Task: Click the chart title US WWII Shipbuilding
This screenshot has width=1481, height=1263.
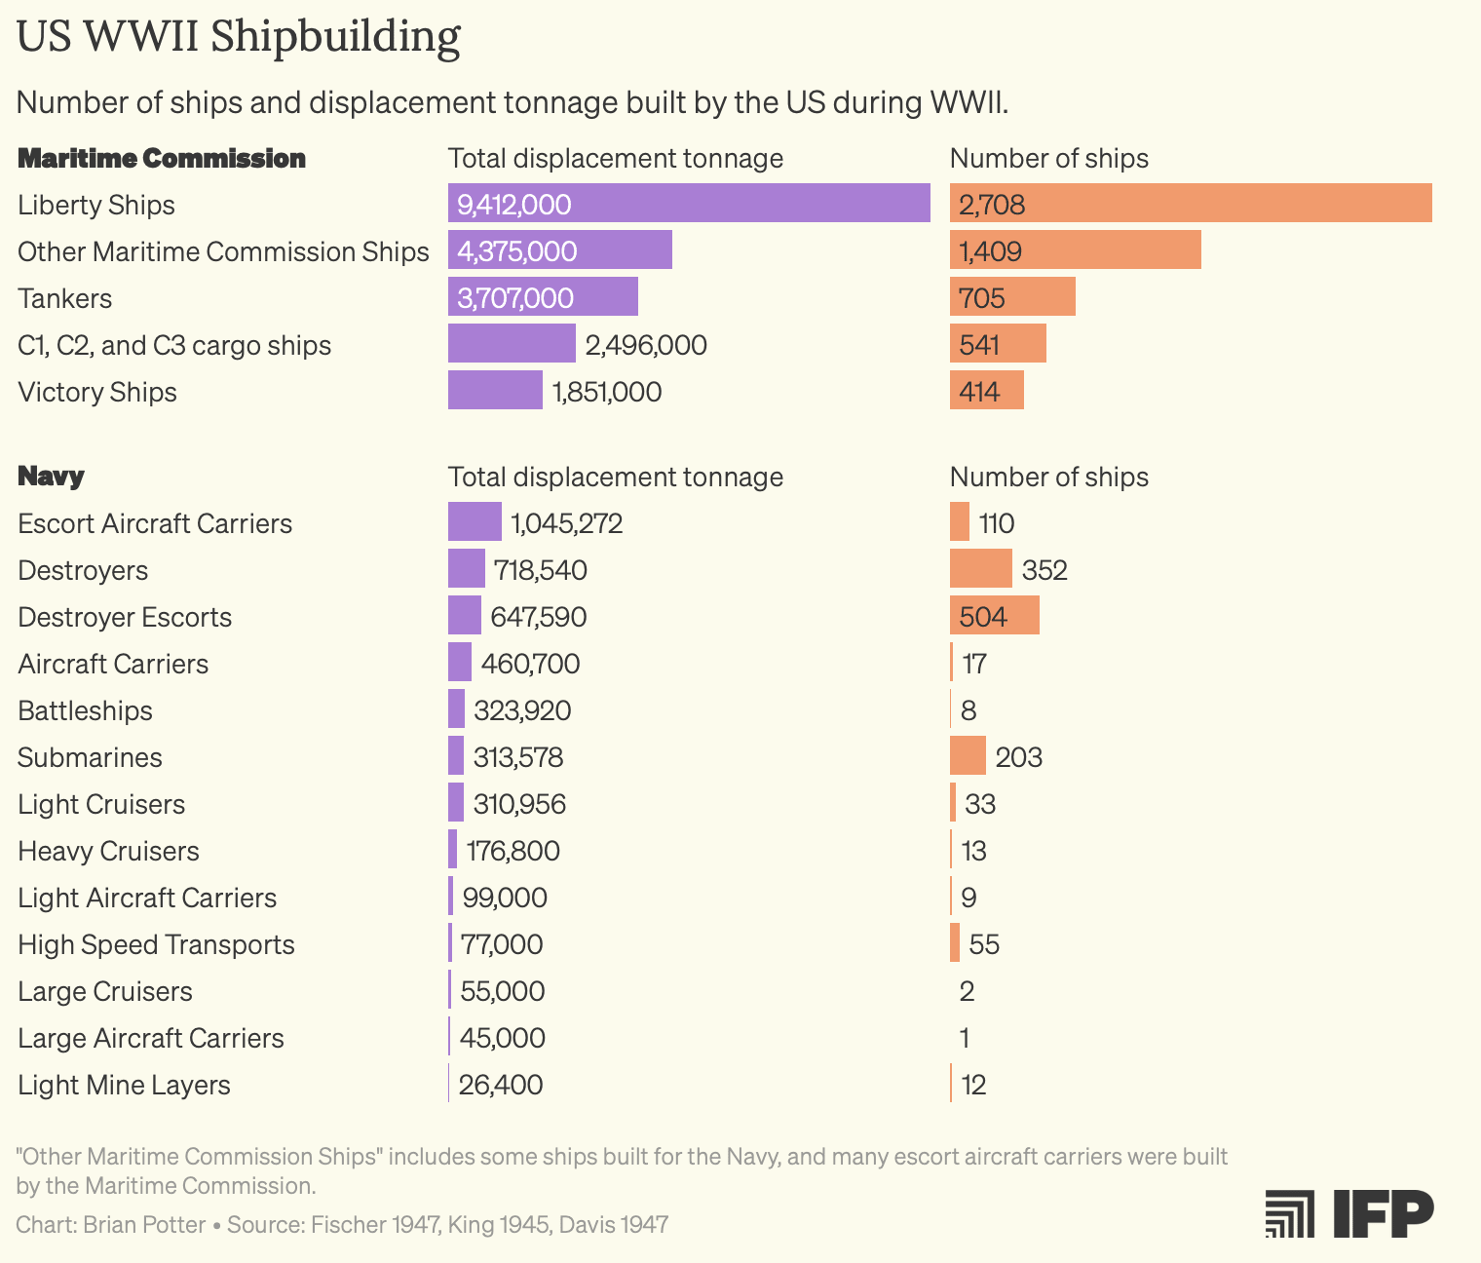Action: (x=239, y=37)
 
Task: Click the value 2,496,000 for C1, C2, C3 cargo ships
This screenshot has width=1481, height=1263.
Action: (x=646, y=345)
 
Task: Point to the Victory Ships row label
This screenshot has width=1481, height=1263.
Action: (x=97, y=392)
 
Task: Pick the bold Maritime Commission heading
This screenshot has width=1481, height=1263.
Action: (x=162, y=158)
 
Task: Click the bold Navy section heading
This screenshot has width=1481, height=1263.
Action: (x=52, y=477)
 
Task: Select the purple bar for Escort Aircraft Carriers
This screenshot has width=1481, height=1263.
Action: (x=475, y=522)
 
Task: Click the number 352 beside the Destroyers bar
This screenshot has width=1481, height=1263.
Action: (x=1044, y=570)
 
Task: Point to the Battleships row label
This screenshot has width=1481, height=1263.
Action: (x=86, y=710)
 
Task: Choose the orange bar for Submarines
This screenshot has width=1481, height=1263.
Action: (x=968, y=756)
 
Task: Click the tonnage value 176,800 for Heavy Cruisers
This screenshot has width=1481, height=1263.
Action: (x=513, y=851)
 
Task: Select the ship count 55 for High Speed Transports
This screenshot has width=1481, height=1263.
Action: (x=984, y=944)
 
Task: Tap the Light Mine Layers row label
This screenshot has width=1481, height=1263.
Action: (x=125, y=1085)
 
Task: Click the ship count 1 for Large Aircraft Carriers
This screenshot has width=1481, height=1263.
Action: (x=965, y=1038)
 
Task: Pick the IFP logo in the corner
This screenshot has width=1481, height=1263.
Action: (x=1349, y=1213)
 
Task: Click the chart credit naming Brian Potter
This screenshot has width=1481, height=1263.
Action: (x=111, y=1224)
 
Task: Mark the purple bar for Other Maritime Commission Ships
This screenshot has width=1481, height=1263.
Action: (x=560, y=250)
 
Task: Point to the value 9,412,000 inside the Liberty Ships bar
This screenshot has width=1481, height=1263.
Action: (x=514, y=205)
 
